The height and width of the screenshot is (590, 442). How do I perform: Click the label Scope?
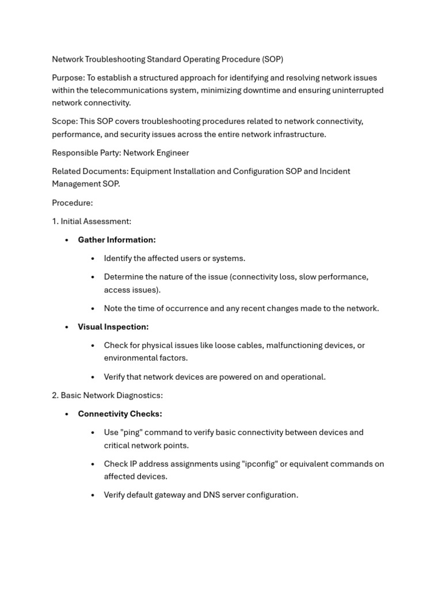(64, 122)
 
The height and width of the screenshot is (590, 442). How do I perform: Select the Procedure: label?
(72, 203)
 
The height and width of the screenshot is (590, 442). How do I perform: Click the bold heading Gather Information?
(117, 240)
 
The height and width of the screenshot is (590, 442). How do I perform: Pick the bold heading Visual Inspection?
(113, 327)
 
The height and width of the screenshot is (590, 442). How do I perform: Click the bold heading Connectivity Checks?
(120, 414)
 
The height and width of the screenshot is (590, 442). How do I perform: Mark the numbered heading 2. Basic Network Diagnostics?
(107, 395)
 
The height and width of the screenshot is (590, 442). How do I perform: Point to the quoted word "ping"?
(132, 432)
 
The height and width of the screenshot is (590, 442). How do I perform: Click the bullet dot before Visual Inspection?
(67, 327)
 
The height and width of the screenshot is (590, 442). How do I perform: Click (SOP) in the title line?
(272, 59)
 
